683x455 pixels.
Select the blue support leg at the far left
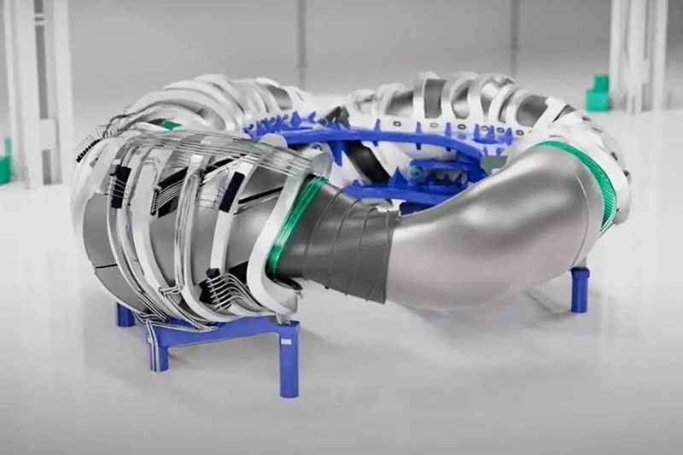(125, 315)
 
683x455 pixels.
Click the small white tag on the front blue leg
(285, 341)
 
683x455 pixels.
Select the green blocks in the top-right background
(598, 93)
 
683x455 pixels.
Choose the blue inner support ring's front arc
(401, 193)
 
